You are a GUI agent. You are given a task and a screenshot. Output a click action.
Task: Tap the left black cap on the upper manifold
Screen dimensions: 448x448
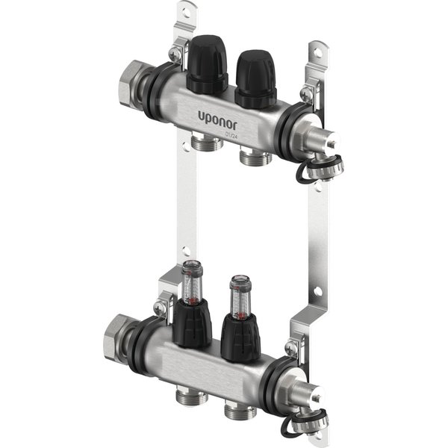tap(206, 64)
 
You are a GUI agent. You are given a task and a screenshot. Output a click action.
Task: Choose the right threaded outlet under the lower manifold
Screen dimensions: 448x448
tap(240, 411)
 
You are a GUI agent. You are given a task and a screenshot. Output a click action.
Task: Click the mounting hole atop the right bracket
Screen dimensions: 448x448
tap(319, 53)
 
